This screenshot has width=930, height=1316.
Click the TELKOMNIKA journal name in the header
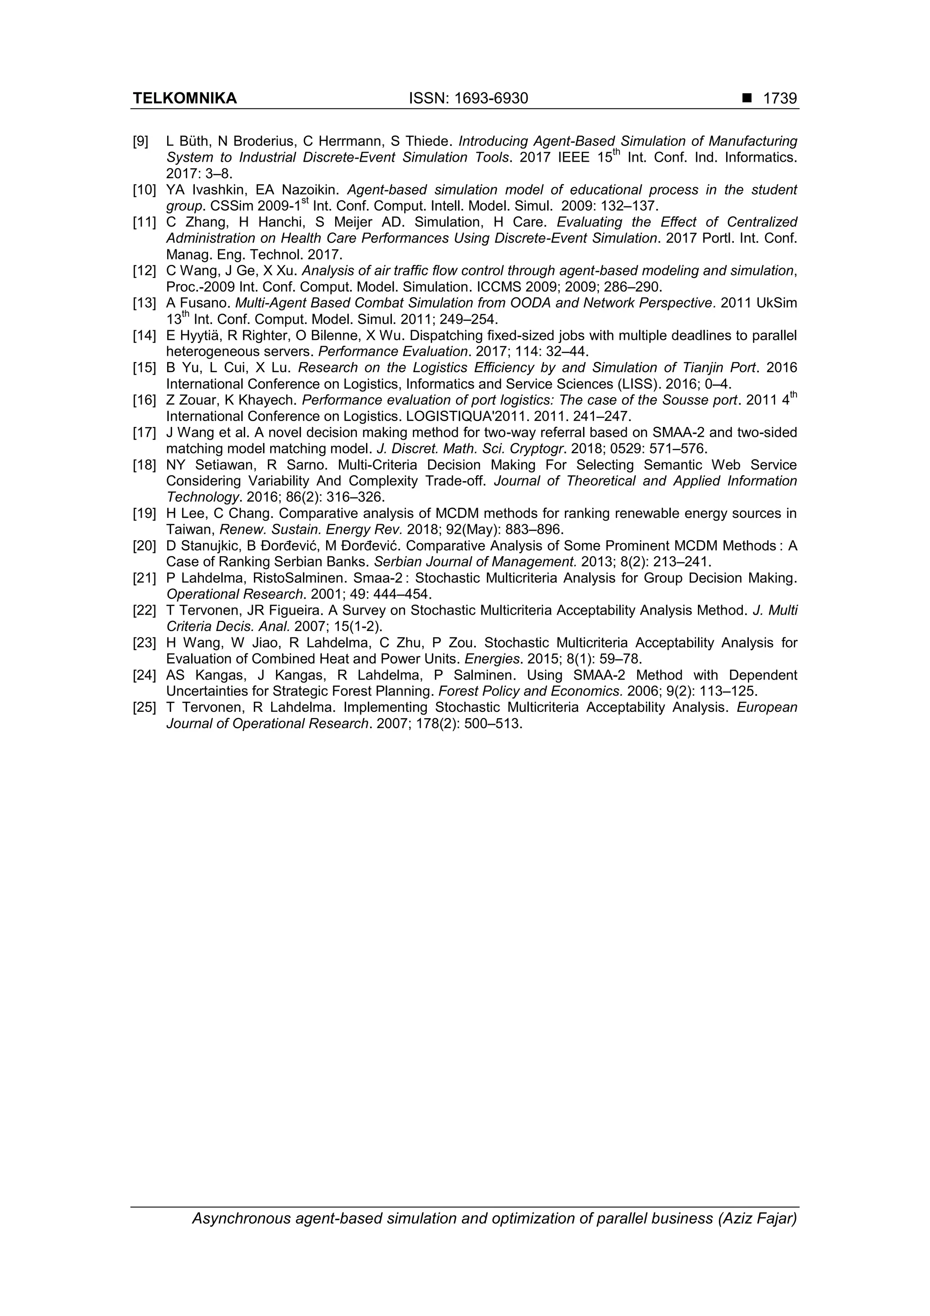coord(184,99)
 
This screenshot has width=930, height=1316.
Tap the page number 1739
coord(780,99)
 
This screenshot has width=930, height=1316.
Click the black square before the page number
coord(747,99)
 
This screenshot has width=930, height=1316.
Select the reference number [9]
coord(141,141)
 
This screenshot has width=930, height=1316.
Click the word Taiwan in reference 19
coord(188,530)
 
